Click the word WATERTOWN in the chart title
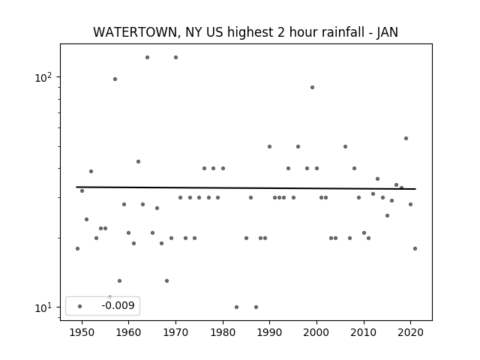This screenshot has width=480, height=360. point(135,32)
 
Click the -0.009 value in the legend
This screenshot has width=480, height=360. point(118,305)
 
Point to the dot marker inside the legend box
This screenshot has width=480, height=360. point(80,306)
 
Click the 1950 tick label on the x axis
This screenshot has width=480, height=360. point(82,332)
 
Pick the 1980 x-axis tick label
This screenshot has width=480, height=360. point(223,332)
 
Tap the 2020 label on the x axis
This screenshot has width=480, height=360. point(410,332)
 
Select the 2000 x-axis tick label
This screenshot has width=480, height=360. point(316,332)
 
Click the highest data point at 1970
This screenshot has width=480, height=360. point(175,57)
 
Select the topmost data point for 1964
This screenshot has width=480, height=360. point(147,57)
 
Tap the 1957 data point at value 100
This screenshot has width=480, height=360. point(115,79)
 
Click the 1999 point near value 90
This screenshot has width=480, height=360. point(312,87)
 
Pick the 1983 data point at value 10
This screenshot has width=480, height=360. point(237,307)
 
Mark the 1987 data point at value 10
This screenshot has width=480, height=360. point(256,307)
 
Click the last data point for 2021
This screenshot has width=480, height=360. point(415,248)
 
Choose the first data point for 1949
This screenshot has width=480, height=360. point(77,248)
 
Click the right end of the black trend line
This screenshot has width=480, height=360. point(415,189)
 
